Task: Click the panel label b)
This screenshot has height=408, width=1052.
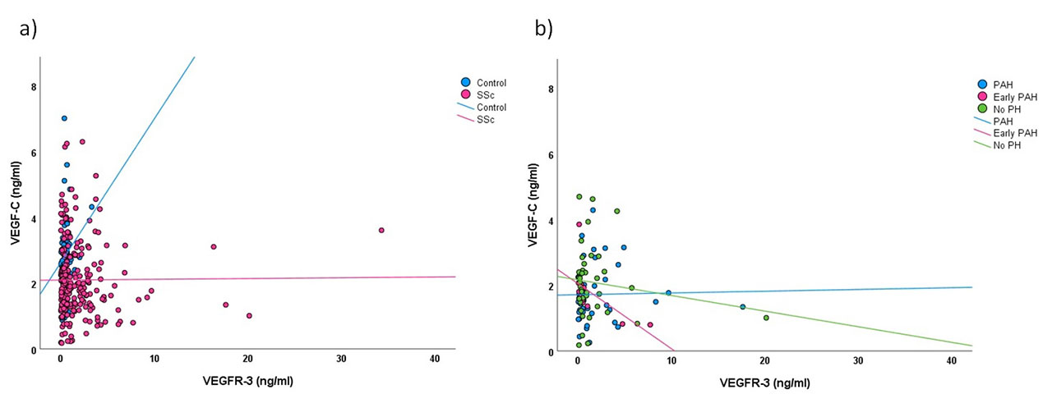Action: coord(543,30)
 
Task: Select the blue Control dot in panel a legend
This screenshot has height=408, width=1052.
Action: coord(465,82)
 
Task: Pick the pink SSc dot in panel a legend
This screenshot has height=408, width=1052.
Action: coord(465,94)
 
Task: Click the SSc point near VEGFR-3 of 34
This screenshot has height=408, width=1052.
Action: coord(381,230)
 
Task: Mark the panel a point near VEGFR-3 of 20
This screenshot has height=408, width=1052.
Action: coord(249,315)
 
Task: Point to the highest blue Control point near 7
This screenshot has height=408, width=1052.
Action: coord(64,118)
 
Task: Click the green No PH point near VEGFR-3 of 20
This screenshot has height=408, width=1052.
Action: coord(766,318)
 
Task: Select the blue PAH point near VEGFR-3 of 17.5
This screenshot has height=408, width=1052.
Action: coord(742,307)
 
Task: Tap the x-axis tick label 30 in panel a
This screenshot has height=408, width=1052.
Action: coord(341,360)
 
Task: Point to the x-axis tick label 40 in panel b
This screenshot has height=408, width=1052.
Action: coord(952,361)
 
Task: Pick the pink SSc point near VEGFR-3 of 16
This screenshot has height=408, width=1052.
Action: coord(214,246)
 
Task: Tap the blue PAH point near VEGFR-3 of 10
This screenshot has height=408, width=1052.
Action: coord(668,292)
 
